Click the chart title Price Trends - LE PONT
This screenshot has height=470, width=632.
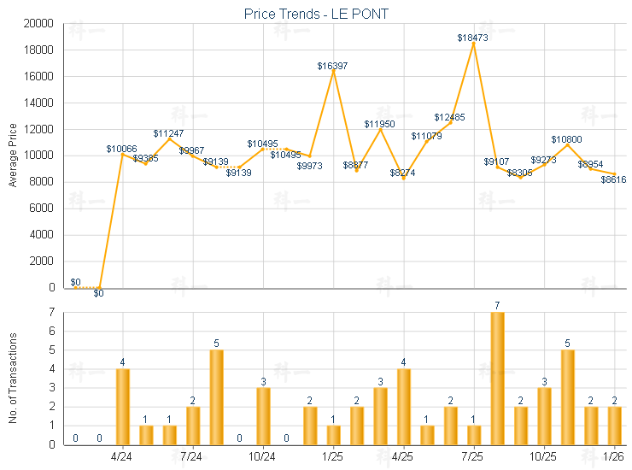coord(317,14)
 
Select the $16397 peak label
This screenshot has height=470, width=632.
coord(332,66)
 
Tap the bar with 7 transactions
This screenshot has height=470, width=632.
coord(497,379)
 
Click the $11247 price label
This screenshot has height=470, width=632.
coord(168,133)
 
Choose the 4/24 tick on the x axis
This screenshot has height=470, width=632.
coord(122,455)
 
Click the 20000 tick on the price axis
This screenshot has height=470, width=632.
coord(40,24)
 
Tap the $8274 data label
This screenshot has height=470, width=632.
coord(403,173)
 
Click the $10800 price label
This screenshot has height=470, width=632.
coord(565,138)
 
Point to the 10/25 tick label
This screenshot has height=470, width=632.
coord(544,455)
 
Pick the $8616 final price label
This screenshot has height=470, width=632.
coord(613,179)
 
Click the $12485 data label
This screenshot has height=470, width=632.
coord(449,117)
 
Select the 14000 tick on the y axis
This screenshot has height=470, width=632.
coord(40,103)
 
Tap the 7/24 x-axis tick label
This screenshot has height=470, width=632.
coord(192,455)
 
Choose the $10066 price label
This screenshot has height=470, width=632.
coord(121,149)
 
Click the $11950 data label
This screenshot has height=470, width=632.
coord(379,124)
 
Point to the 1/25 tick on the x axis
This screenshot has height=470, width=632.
coord(333,455)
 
